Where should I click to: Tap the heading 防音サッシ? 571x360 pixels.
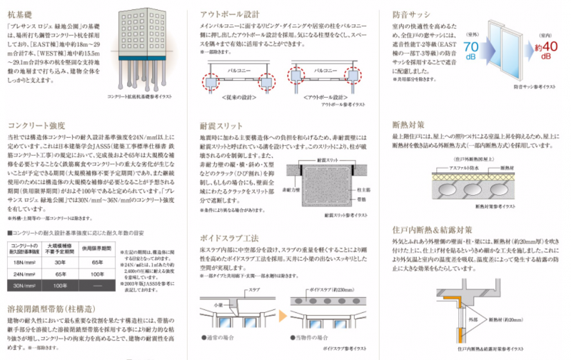pyautogui.click(x=412, y=13)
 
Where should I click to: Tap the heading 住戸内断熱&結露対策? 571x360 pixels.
pyautogui.click(x=433, y=229)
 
